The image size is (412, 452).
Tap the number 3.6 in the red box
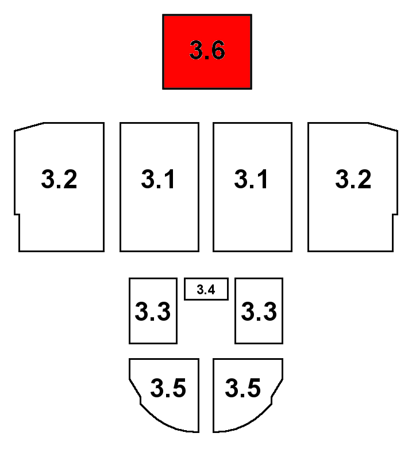coord(207,51)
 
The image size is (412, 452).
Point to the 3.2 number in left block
coord(59,180)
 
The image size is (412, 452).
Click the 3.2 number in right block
coord(353,180)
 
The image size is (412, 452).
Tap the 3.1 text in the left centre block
coord(159,180)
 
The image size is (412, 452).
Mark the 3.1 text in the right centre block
coord(252,180)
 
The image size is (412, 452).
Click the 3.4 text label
coord(206,290)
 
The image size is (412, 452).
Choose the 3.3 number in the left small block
coord(153,312)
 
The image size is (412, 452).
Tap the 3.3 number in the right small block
coord(259,312)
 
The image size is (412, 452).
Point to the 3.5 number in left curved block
coord(168,388)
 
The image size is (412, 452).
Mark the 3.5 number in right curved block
coord(243,388)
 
